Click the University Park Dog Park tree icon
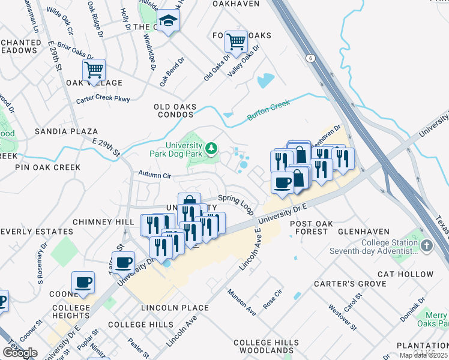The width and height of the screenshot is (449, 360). pos(211,148)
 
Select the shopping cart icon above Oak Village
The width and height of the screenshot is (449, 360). pos(94,70)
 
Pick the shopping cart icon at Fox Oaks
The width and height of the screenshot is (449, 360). pos(236,42)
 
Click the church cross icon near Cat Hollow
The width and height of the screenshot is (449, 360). pos(426,245)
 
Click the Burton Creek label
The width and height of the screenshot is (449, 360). pos(268,110)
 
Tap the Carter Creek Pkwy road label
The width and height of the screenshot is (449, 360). pos(103,98)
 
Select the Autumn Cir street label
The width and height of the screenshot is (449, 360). pos(155,175)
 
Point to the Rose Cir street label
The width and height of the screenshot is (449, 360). pos(274,299)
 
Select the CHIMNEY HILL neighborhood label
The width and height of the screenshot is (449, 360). pos(103,222)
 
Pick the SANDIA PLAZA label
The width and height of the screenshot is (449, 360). pos(65,131)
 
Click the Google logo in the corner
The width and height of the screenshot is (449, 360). pos(20,353)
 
